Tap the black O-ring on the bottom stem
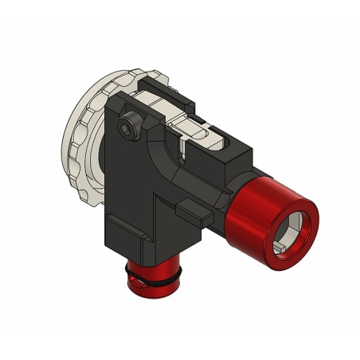pos(151,279)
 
